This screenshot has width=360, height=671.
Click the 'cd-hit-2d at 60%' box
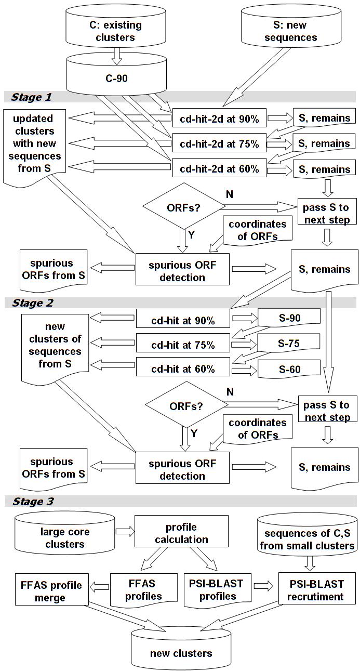click(219, 168)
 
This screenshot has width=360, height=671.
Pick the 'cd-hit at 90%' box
click(183, 319)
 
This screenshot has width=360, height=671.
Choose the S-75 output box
click(289, 343)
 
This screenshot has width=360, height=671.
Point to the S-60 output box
click(289, 369)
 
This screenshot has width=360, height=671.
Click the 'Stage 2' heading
click(32, 303)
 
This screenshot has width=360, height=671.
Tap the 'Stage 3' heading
click(33, 502)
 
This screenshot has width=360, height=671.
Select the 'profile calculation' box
click(181, 532)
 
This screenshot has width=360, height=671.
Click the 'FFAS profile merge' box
click(51, 591)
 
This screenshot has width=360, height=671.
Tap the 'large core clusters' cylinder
click(64, 534)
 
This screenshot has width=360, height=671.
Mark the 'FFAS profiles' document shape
click(143, 590)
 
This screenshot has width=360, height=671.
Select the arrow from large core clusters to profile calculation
click(125, 532)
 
